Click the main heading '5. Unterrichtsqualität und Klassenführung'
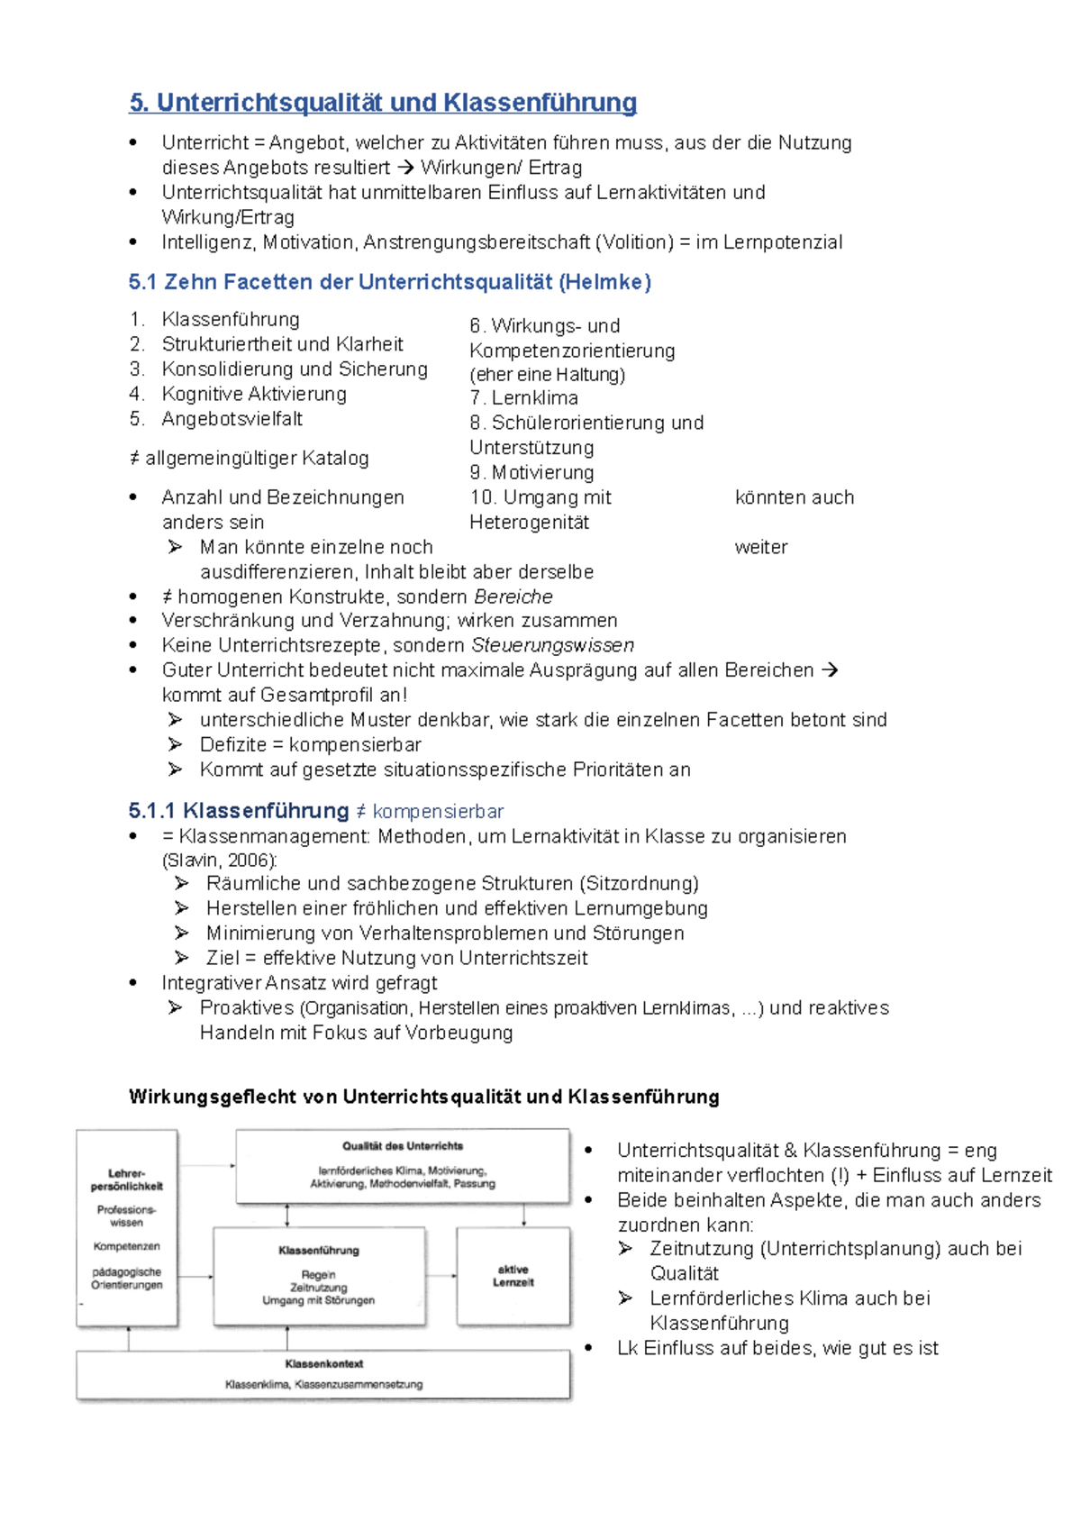click(383, 103)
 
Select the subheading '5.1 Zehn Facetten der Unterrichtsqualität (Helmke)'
click(389, 282)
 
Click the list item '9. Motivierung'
click(531, 472)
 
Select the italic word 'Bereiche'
click(513, 597)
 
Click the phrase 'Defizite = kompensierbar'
click(310, 744)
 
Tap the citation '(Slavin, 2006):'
click(220, 860)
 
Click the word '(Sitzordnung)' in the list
click(639, 883)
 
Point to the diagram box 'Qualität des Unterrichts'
click(402, 1165)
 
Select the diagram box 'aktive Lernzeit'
click(513, 1275)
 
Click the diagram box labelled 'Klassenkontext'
click(323, 1373)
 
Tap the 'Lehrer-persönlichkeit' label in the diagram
click(126, 1179)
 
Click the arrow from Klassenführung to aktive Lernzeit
click(441, 1275)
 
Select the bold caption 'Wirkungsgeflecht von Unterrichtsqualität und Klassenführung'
click(423, 1097)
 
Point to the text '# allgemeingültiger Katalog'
click(250, 458)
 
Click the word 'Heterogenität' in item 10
click(529, 523)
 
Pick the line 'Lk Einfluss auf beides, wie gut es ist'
click(777, 1348)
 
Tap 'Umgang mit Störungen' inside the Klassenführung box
click(318, 1300)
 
